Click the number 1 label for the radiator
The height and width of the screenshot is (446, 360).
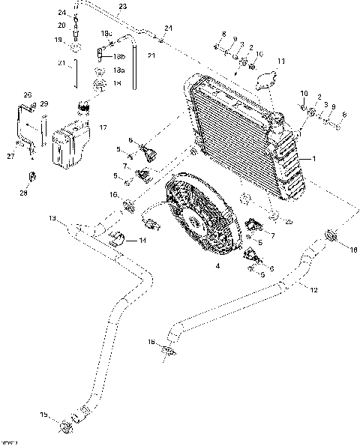pos(314,159)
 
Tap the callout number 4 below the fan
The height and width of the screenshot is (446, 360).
pos(217,266)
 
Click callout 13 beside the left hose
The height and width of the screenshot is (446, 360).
pos(52,218)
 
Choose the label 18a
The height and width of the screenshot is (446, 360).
pos(119,69)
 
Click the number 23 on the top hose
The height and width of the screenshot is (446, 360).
pos(121,7)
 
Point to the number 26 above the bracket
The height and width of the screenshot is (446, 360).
pos(28,95)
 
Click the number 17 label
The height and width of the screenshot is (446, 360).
pos(103,127)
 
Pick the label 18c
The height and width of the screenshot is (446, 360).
pos(107,34)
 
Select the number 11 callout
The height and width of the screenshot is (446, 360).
pos(281,60)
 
